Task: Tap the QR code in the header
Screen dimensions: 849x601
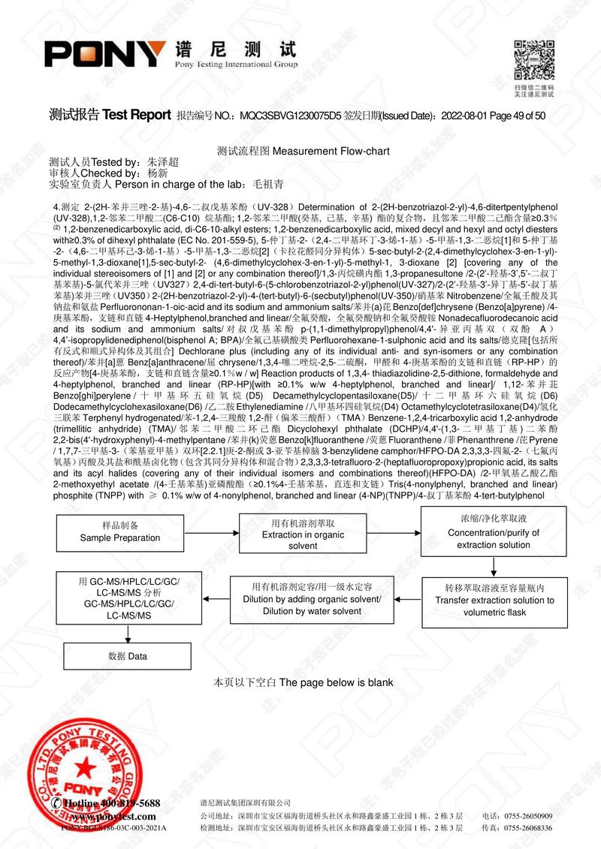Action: click(x=533, y=60)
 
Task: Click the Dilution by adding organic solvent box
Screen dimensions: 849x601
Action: click(x=312, y=599)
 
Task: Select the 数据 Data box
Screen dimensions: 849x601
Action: click(x=127, y=655)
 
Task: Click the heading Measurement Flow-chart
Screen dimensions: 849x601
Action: click(x=331, y=151)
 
